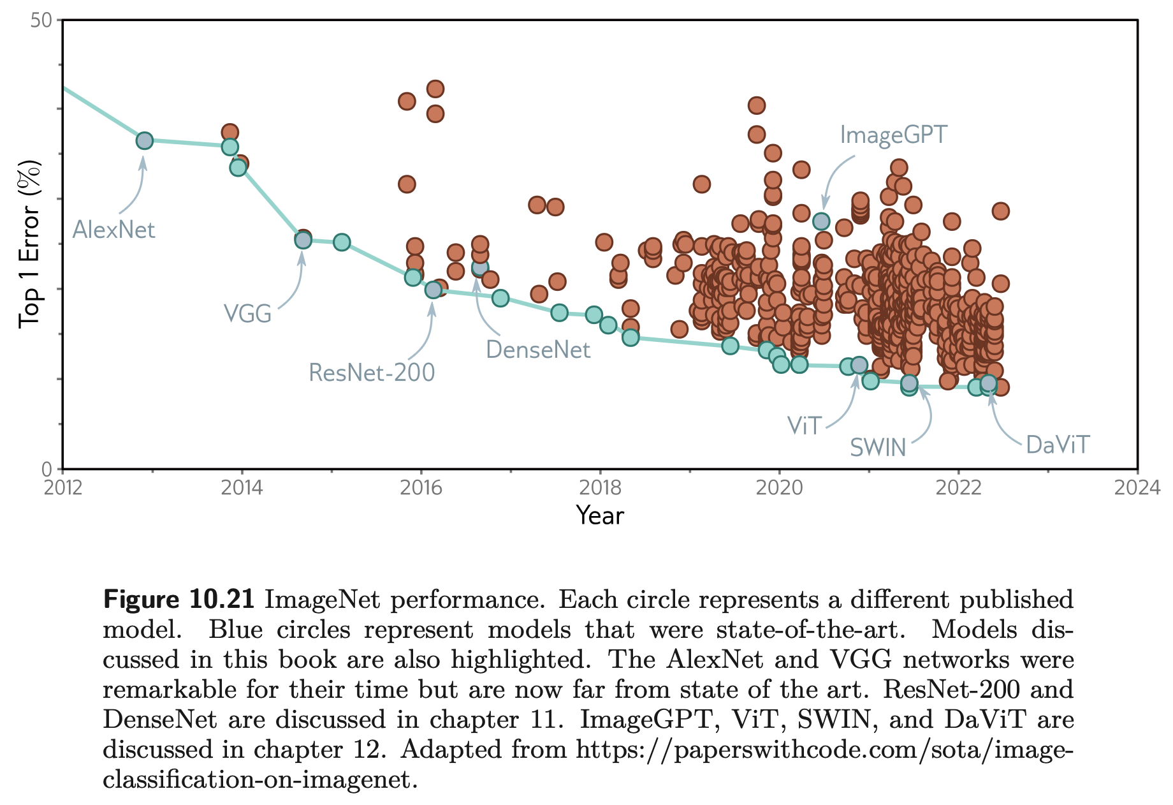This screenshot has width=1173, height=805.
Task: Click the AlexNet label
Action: (x=113, y=230)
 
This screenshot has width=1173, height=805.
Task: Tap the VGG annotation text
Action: (x=248, y=314)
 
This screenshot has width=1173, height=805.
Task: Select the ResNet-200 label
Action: (x=372, y=373)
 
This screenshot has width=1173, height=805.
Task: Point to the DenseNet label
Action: (x=538, y=350)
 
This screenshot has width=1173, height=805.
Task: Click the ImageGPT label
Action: (x=894, y=135)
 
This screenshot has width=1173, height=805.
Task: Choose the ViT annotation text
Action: (x=805, y=425)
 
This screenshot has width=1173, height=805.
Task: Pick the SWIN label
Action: (x=878, y=448)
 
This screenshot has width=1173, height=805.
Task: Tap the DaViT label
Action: (x=1058, y=445)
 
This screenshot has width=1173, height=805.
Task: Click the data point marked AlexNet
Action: (x=145, y=140)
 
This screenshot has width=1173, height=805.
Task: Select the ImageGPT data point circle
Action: (x=821, y=221)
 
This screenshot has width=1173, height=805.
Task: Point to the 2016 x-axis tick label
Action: (x=421, y=488)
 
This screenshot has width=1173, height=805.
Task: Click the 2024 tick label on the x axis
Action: (x=1137, y=488)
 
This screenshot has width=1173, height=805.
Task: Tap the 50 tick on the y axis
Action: (x=41, y=20)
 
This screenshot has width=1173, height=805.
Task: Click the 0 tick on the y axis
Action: (x=47, y=469)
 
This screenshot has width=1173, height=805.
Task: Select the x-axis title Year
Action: (x=600, y=515)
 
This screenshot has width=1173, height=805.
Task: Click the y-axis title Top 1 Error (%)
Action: (x=29, y=244)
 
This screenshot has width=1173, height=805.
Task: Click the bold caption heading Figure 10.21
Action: (x=178, y=600)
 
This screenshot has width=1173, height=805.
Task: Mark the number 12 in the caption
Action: (x=368, y=750)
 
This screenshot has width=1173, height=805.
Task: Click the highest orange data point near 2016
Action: (x=435, y=89)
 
